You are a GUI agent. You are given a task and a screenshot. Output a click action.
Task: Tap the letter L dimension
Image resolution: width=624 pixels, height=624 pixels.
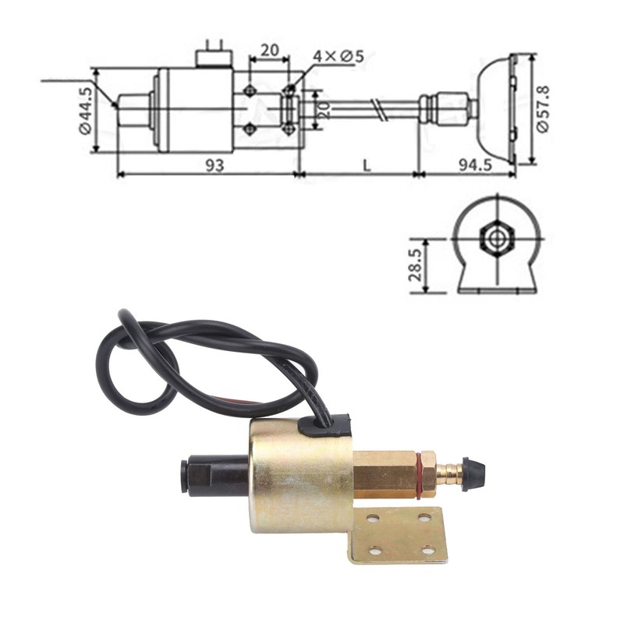pyautogui.click(x=367, y=165)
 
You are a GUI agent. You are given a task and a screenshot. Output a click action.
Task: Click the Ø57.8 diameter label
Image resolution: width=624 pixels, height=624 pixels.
pyautogui.click(x=543, y=108)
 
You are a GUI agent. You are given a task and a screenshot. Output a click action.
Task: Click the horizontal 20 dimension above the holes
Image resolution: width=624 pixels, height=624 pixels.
pyautogui.click(x=270, y=51)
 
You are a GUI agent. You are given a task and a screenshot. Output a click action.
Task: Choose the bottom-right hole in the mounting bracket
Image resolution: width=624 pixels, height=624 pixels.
pyautogui.click(x=427, y=550)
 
